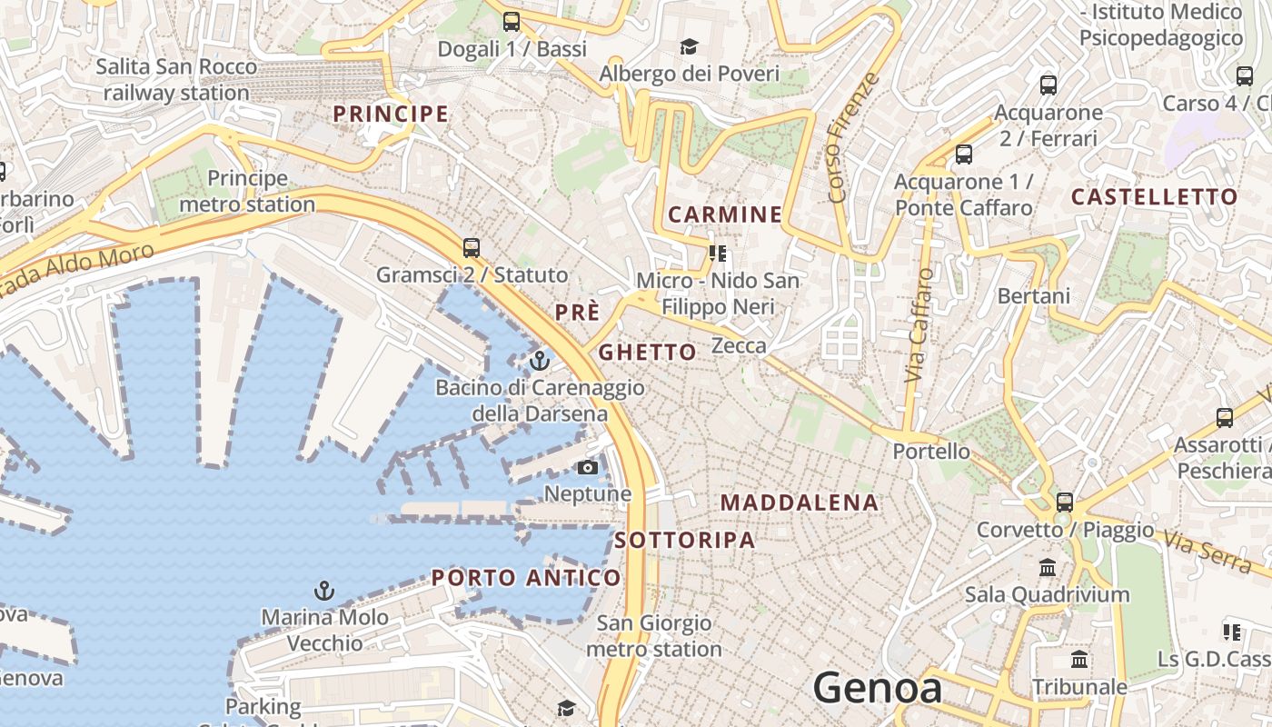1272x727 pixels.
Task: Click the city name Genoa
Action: [877, 687]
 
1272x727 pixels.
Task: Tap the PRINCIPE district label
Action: [391, 114]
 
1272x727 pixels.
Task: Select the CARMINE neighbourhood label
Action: [725, 214]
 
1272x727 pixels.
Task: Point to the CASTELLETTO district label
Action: [1154, 196]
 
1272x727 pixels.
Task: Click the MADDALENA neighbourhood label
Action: [800, 503]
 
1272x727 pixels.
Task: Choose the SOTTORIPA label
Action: [685, 540]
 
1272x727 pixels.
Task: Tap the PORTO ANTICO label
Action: [526, 577]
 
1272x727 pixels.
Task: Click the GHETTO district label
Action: [648, 352]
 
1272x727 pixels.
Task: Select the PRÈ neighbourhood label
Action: [578, 313]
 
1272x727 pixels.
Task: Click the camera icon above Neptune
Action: [588, 467]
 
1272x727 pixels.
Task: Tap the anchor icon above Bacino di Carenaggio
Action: [540, 361]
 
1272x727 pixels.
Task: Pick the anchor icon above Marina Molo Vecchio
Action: [324, 591]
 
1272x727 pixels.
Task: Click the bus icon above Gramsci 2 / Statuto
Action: [471, 247]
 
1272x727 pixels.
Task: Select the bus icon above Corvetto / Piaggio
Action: [1064, 502]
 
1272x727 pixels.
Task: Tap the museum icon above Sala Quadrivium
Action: [1047, 567]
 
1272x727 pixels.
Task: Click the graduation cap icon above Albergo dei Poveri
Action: [690, 46]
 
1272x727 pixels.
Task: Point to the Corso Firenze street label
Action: [853, 136]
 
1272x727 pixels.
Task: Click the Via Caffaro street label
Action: [919, 324]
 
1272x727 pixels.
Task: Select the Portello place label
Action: [931, 451]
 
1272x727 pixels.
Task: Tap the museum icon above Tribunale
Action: [1079, 659]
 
